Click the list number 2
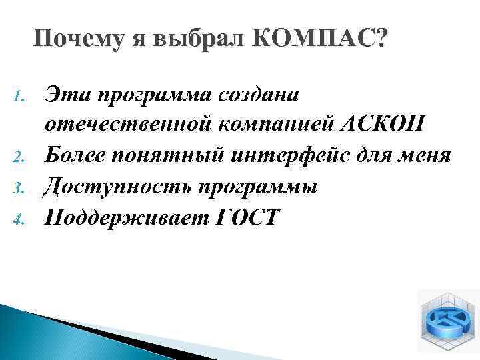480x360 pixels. (x=19, y=158)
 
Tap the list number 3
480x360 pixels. (x=19, y=188)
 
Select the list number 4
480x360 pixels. (x=19, y=218)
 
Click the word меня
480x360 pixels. (x=442, y=157)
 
